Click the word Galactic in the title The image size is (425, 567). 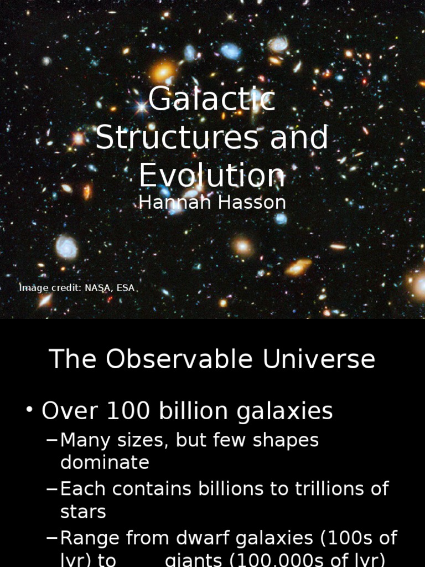pyautogui.click(x=212, y=100)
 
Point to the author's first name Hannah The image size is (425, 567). pyautogui.click(x=168, y=203)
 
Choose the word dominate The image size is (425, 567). pyautogui.click(x=105, y=462)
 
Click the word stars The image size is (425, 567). pyautogui.click(x=83, y=512)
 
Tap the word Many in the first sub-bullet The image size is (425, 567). pyautogui.click(x=84, y=441)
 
